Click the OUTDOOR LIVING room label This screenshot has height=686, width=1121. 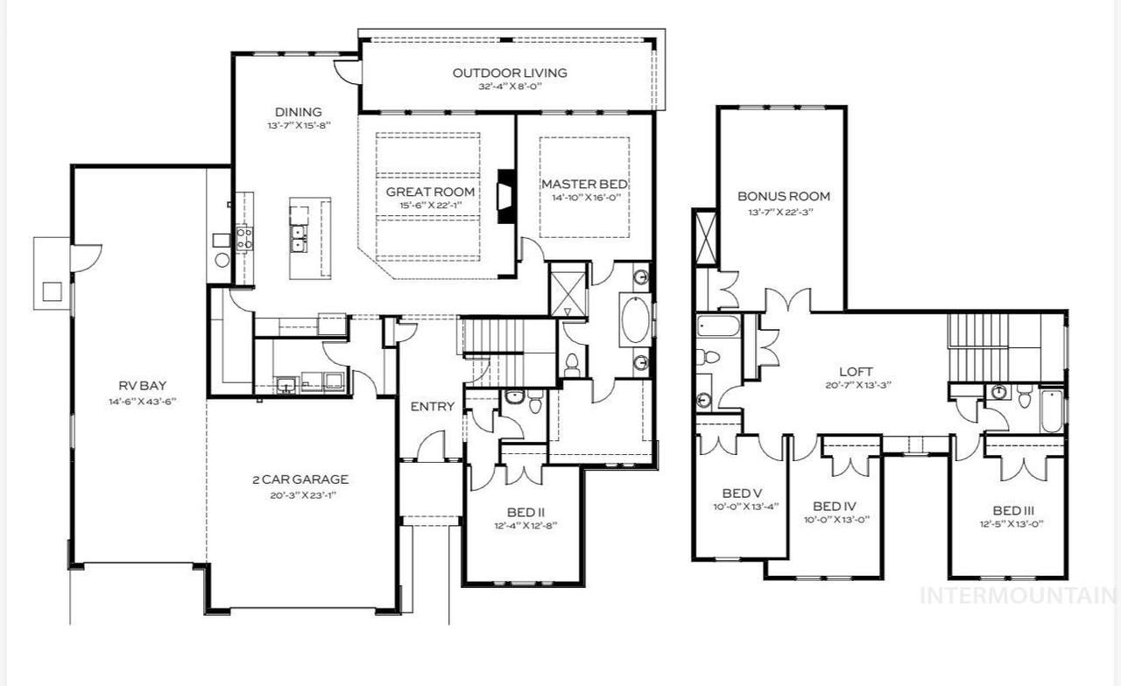(510, 73)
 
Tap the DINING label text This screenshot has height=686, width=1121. (299, 112)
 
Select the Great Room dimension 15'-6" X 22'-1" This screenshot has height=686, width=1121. (430, 205)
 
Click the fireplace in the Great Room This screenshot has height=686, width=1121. (506, 196)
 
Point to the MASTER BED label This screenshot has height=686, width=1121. (584, 184)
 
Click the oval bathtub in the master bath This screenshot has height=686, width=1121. (636, 320)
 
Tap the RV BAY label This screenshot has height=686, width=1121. (143, 386)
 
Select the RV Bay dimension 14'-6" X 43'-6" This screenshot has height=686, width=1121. (143, 402)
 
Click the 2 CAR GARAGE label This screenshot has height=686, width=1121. (300, 479)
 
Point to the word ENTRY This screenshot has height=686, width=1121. (433, 407)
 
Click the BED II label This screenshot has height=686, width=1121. (525, 513)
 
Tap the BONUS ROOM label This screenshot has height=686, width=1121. (784, 196)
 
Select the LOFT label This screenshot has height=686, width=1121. (856, 372)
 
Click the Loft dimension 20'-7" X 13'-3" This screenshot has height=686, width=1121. (858, 386)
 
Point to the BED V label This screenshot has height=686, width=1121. (742, 493)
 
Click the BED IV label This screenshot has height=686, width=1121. (835, 507)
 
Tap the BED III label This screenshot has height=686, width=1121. (1014, 510)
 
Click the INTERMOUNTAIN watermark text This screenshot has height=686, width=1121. (1018, 596)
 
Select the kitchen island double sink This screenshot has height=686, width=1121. (299, 238)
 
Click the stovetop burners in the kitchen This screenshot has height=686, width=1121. (244, 239)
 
